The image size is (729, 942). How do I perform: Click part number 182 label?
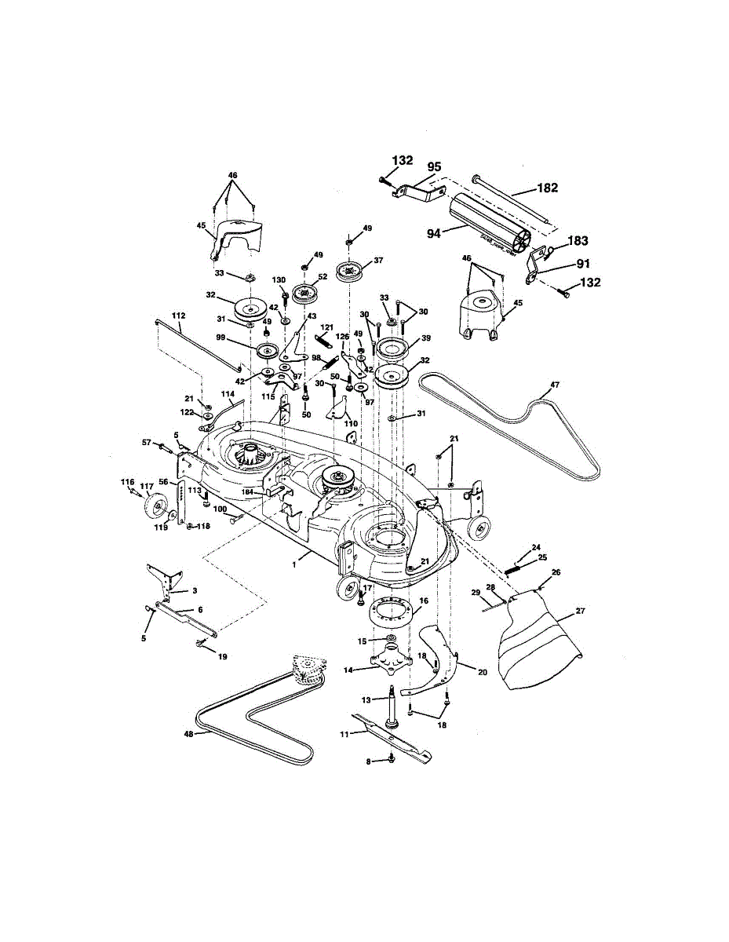coord(547,188)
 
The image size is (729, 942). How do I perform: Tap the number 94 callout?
coord(434,232)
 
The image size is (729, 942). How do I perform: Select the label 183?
coord(578,241)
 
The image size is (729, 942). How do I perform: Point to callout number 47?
coord(555,385)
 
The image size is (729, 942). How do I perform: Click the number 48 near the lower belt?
coord(188,735)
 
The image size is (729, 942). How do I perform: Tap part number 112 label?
coord(179,316)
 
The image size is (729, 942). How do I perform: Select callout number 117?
coord(147,487)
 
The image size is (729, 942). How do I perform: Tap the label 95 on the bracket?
coord(434,166)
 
